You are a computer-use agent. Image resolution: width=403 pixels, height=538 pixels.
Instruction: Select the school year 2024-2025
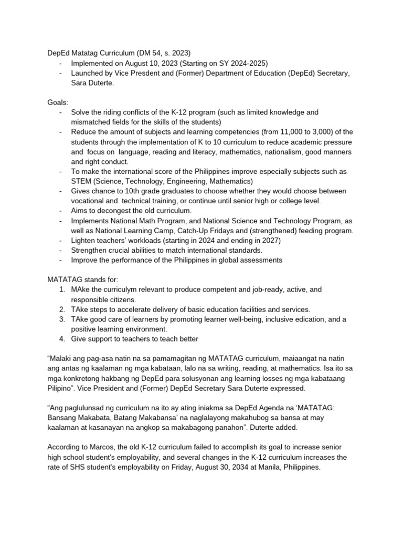[x=258, y=63]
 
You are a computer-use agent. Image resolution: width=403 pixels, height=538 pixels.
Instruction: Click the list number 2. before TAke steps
[x=62, y=309]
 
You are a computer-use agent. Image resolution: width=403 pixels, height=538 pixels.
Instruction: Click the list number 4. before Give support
[x=62, y=339]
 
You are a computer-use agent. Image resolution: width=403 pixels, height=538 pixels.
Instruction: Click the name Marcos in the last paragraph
[x=105, y=448]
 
